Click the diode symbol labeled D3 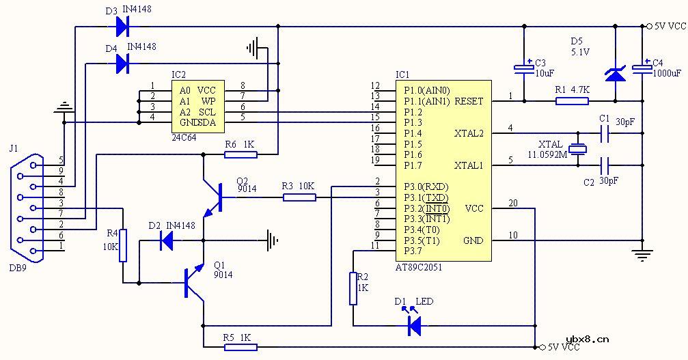(x=123, y=27)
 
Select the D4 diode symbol (x=123, y=64)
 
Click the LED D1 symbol (x=413, y=326)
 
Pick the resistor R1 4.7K (x=572, y=101)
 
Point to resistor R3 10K (x=299, y=197)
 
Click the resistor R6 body (x=241, y=154)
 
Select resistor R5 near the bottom (x=241, y=347)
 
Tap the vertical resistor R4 (x=123, y=245)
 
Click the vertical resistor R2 (x=353, y=288)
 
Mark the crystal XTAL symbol (x=579, y=150)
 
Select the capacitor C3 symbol (x=524, y=68)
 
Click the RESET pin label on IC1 (x=469, y=101)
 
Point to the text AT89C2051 (x=419, y=268)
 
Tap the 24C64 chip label (x=183, y=137)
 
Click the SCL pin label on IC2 (x=207, y=111)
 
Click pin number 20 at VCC (x=513, y=203)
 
